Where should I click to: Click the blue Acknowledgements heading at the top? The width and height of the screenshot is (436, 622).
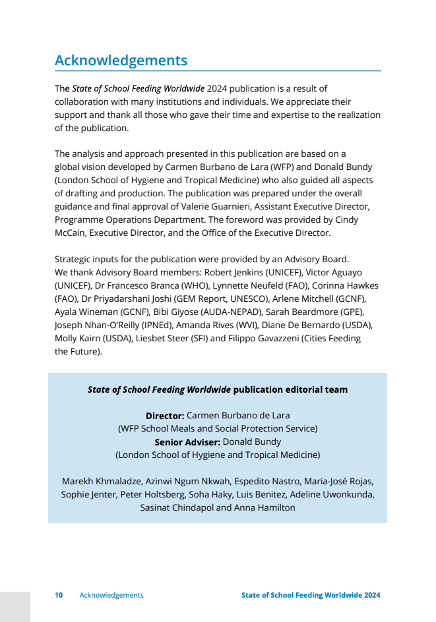pos(121,61)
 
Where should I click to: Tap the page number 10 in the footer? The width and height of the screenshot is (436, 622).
pos(59,595)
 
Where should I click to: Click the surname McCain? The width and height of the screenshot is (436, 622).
pos(72,233)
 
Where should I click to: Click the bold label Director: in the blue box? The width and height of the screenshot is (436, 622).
pos(165,416)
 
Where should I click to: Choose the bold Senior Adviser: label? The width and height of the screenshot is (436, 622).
pos(187,442)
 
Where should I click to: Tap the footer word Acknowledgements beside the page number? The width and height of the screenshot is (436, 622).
pos(111,595)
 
